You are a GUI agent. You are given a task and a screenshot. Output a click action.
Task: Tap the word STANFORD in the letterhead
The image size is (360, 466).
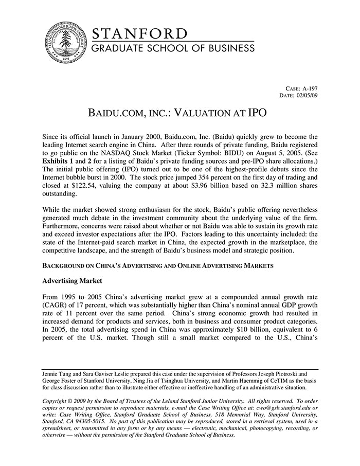point(140,33)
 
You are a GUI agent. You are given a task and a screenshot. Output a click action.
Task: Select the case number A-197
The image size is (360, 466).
point(310,88)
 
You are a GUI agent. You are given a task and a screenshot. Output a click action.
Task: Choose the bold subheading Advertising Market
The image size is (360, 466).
point(72,281)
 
